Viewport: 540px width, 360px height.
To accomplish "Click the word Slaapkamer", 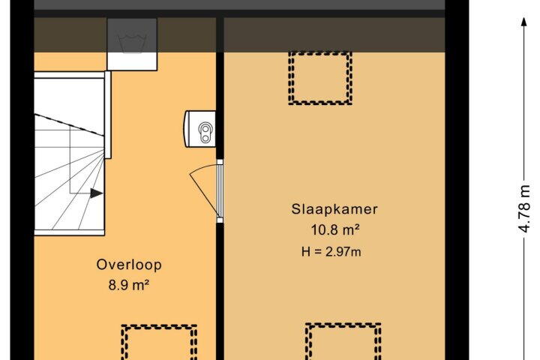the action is pyautogui.click(x=334, y=209).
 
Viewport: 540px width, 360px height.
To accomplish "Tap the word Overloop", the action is pyautogui.click(x=129, y=265).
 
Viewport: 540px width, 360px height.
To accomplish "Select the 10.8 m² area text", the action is pyautogui.click(x=335, y=229).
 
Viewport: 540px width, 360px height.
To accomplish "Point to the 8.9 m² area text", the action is pyautogui.click(x=129, y=285).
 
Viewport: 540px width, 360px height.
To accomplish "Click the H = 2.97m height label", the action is pyautogui.click(x=331, y=252).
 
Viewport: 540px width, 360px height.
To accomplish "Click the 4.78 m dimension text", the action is pyautogui.click(x=524, y=209).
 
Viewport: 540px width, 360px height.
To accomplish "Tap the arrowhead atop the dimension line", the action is pyautogui.click(x=524, y=21).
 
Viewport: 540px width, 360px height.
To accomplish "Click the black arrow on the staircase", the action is pyautogui.click(x=97, y=193).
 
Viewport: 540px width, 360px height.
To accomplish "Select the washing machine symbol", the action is pyautogui.click(x=132, y=35).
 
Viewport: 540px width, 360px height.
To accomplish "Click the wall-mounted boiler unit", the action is pyautogui.click(x=200, y=129).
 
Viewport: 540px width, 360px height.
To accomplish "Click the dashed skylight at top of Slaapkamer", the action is pyautogui.click(x=320, y=78).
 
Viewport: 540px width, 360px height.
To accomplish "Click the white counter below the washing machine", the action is pyautogui.click(x=132, y=61).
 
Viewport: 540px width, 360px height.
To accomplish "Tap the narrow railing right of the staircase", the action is pyautogui.click(x=108, y=115).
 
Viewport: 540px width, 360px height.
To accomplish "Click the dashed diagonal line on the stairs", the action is pyautogui.click(x=69, y=124).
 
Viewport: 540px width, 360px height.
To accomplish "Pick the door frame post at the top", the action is pyautogui.click(x=220, y=162).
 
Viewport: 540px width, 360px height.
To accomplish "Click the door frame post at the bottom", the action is pyautogui.click(x=220, y=220).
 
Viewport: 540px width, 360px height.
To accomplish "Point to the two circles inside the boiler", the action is pyautogui.click(x=205, y=133).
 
